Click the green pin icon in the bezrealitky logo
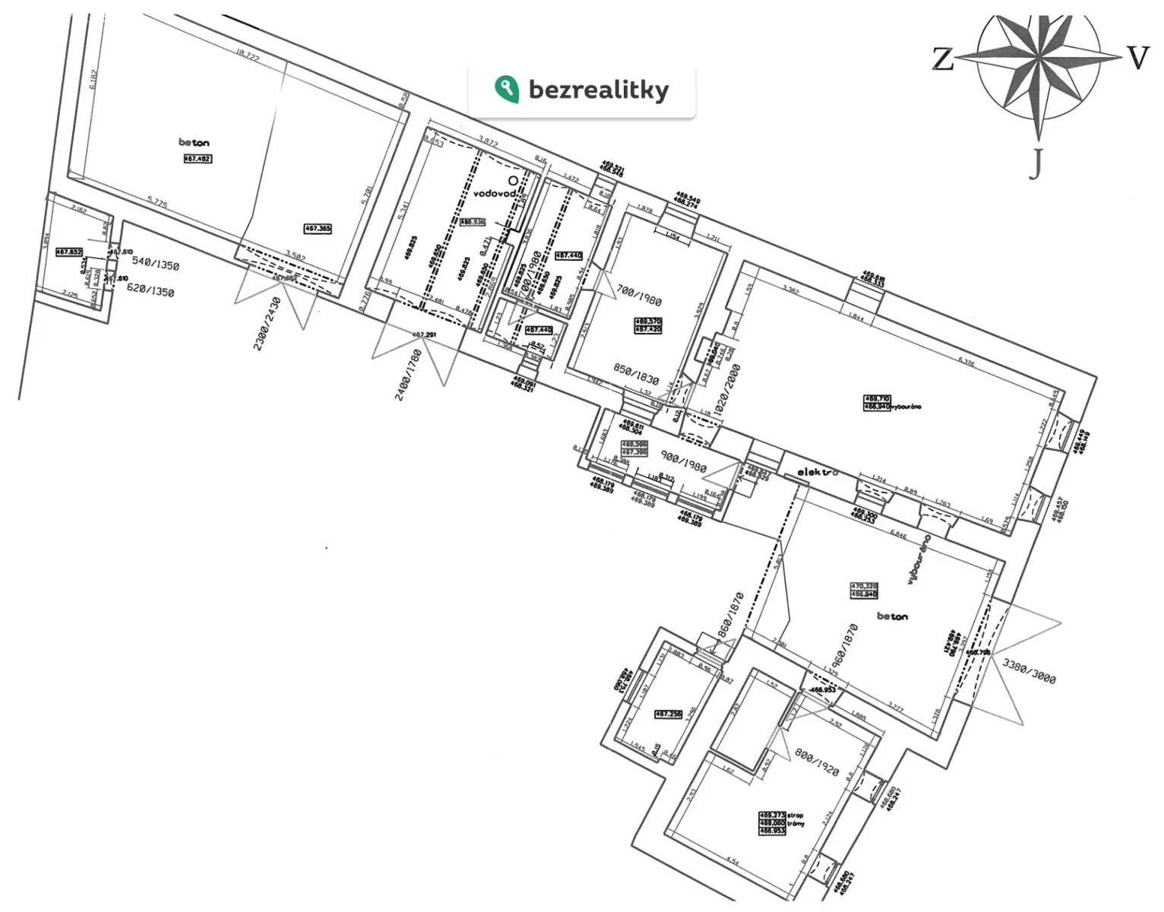click(x=505, y=88)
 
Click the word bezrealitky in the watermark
click(x=599, y=90)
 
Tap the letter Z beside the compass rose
click(x=943, y=59)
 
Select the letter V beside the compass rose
click(x=1137, y=58)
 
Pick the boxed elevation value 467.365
click(x=318, y=228)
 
